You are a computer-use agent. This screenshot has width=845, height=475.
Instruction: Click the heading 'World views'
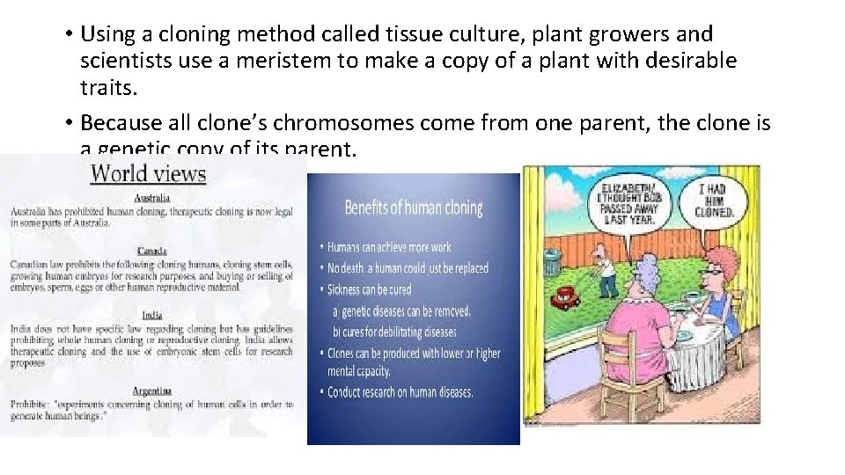148,172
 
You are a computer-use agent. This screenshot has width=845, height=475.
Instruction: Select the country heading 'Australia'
152,198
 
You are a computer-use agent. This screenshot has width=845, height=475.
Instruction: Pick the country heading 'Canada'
152,251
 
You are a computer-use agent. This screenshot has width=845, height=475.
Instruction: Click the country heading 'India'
152,315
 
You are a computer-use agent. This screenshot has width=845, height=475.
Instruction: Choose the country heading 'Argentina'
152,390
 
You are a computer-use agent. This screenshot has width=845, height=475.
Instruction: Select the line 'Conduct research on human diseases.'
400,392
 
